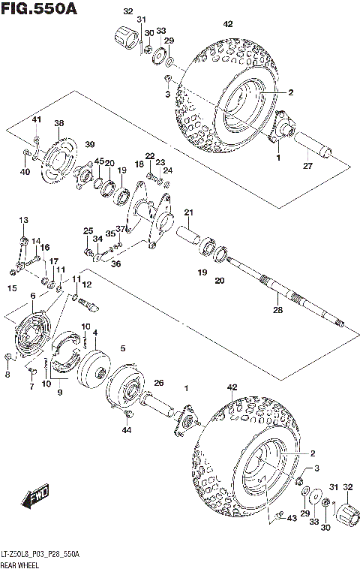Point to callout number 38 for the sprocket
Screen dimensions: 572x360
point(59,123)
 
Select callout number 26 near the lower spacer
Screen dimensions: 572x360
point(158,383)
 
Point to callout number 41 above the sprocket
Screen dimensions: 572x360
point(35,120)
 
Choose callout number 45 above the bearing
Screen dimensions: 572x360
point(98,161)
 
